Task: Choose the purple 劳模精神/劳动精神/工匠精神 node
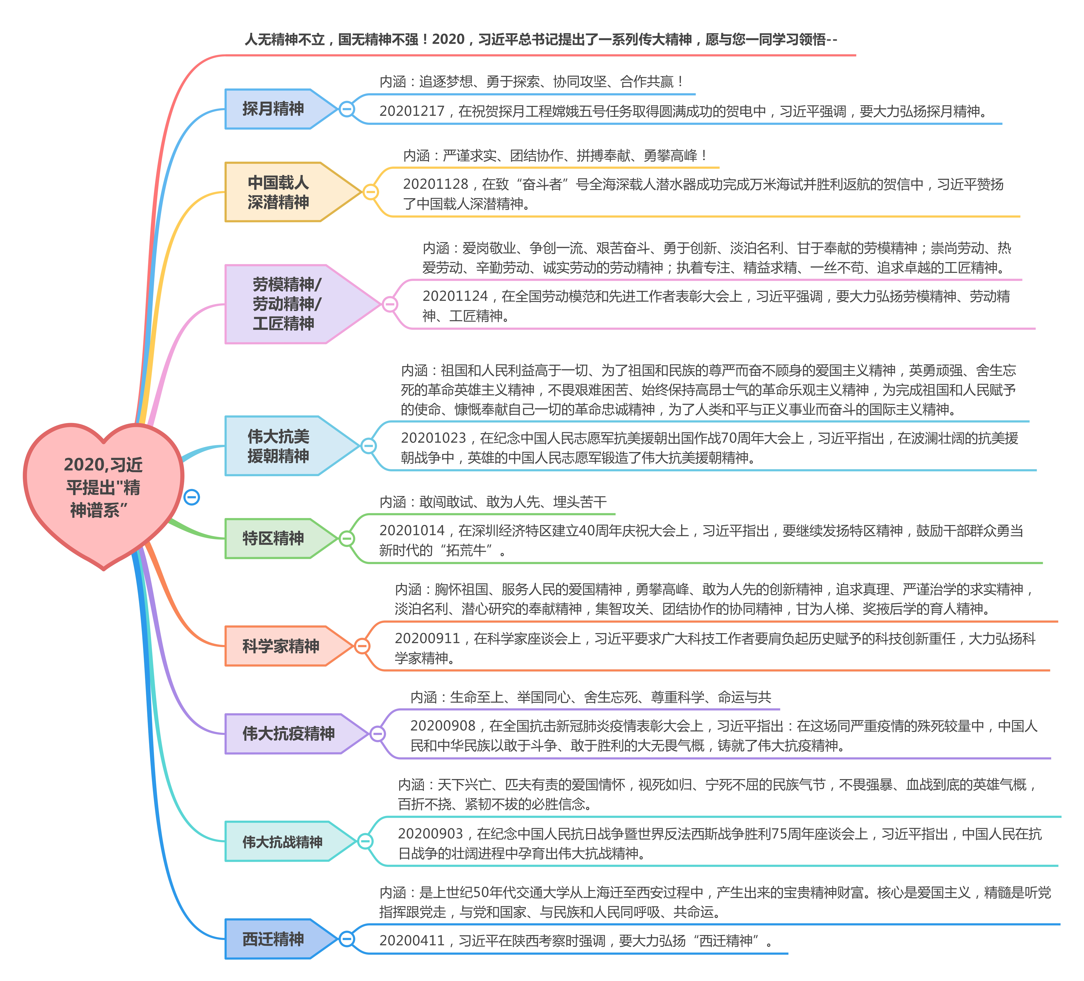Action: tap(302, 304)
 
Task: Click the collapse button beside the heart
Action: tap(191, 497)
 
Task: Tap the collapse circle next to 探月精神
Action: tap(347, 109)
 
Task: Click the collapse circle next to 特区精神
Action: tap(347, 538)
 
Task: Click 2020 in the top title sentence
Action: tap(448, 39)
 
